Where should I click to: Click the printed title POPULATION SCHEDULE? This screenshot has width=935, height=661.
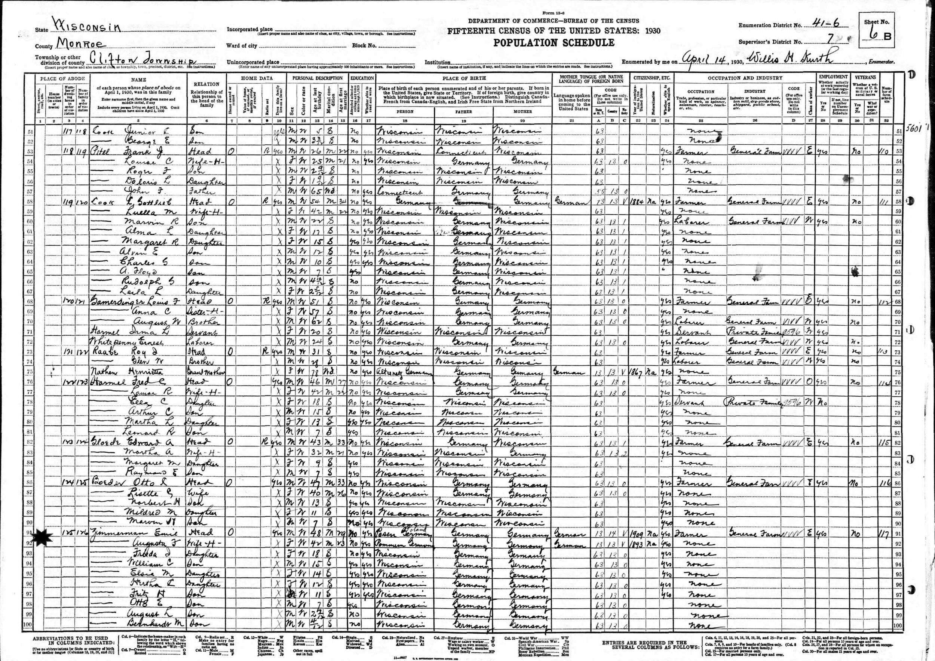tap(554, 43)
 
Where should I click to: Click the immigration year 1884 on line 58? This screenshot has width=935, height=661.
tap(638, 202)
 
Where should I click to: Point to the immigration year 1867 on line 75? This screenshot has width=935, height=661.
tap(638, 372)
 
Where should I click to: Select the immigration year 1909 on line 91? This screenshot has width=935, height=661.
tap(638, 533)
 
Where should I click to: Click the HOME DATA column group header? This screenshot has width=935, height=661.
tap(257, 78)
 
